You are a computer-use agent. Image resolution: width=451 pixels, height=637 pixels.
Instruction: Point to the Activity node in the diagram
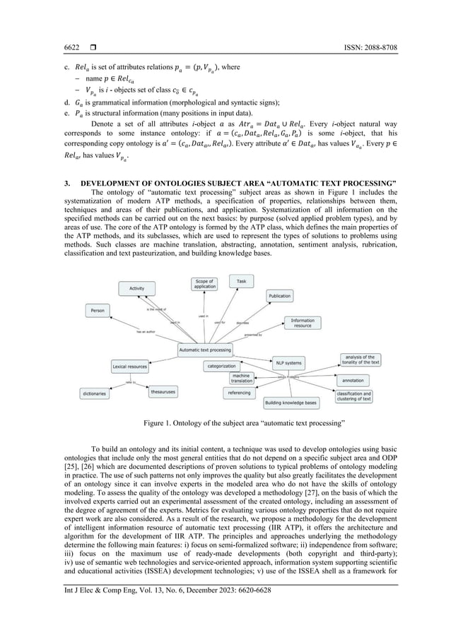point(137,288)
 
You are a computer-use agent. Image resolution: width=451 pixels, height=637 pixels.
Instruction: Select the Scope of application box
point(206,285)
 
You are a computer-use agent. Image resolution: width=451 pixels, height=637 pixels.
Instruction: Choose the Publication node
point(280,296)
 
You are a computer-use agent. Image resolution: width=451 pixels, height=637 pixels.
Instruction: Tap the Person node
point(98,309)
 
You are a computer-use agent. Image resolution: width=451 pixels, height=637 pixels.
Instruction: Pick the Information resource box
point(303,322)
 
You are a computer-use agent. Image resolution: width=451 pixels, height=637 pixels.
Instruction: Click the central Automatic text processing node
point(205,350)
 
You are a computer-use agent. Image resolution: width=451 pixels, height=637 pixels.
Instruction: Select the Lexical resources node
point(129,367)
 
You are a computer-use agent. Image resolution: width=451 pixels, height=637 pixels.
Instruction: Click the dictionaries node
point(95,394)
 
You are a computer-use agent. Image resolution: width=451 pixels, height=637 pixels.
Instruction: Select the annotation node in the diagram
point(358,380)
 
